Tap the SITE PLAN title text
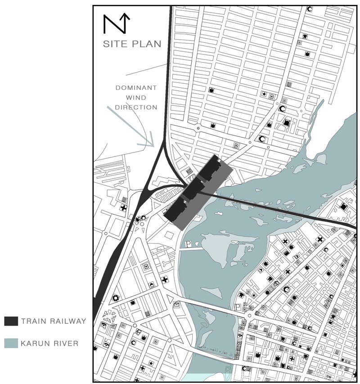click(132, 44)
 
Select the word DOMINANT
click(136, 88)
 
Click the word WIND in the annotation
click(136, 98)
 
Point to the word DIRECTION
click(136, 108)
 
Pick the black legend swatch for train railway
click(11, 321)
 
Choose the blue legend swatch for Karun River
click(11, 344)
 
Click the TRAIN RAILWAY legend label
click(53, 321)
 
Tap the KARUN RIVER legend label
click(49, 344)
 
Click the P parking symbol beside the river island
click(188, 244)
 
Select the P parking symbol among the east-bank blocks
click(238, 307)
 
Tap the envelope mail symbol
click(176, 305)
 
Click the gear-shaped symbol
click(116, 298)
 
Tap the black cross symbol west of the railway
click(123, 208)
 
